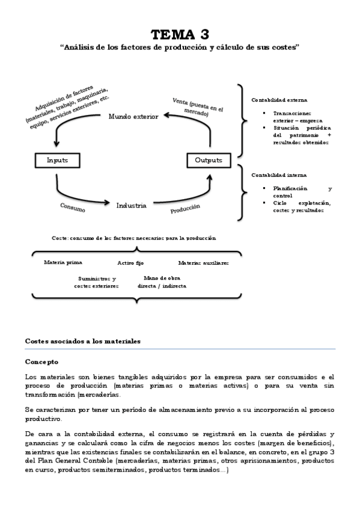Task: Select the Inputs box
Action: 57,161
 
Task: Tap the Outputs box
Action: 209,161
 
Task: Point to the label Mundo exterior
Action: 133,116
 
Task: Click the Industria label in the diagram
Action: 131,206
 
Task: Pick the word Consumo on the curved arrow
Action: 72,207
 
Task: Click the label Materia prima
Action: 63,263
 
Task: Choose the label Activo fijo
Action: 130,263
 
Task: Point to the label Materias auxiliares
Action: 203,263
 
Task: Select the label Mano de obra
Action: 162,278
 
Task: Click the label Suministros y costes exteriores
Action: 96,283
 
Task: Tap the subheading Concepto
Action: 41,362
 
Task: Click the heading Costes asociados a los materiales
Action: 82,341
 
